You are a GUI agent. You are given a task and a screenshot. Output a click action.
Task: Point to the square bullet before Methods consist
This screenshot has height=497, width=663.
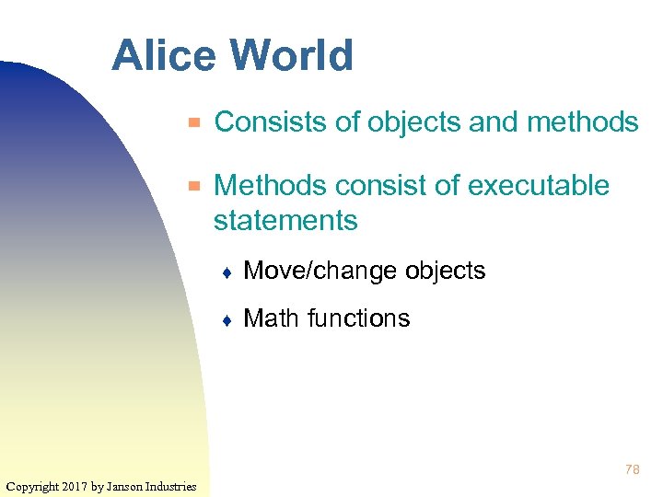[193, 186]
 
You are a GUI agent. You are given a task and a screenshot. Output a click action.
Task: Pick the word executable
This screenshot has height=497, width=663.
[539, 186]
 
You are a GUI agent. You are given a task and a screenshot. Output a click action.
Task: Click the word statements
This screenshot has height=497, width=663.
[285, 221]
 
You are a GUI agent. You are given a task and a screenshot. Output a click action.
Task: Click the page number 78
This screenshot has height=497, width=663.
[632, 469]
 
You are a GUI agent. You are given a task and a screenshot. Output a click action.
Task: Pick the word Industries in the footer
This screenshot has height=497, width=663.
[170, 486]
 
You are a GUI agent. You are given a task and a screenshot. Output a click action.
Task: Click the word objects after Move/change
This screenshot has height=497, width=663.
[445, 272]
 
